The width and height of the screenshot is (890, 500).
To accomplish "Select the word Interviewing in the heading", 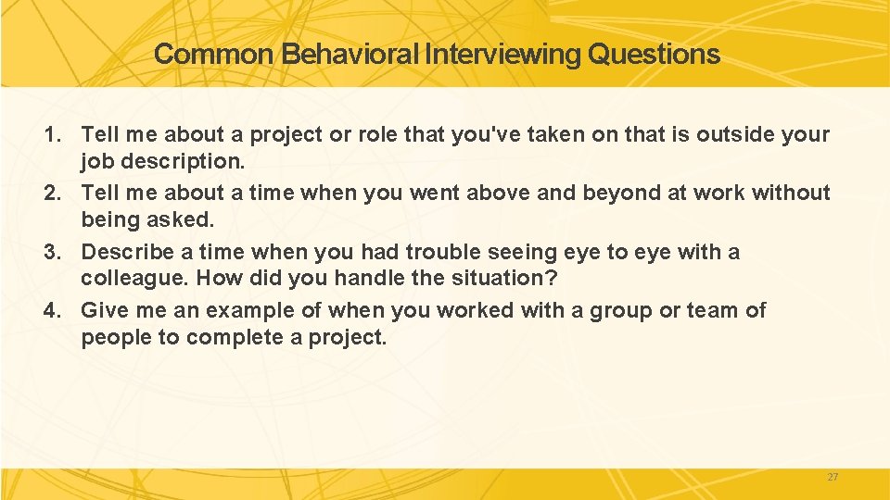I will click(x=503, y=55).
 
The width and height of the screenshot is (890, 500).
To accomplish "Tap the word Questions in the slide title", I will click(x=654, y=55).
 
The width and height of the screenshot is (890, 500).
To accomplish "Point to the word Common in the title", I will click(x=214, y=55).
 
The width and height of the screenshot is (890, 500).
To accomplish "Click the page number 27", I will click(x=832, y=477).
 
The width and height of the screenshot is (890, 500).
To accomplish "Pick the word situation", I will click(x=512, y=278).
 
